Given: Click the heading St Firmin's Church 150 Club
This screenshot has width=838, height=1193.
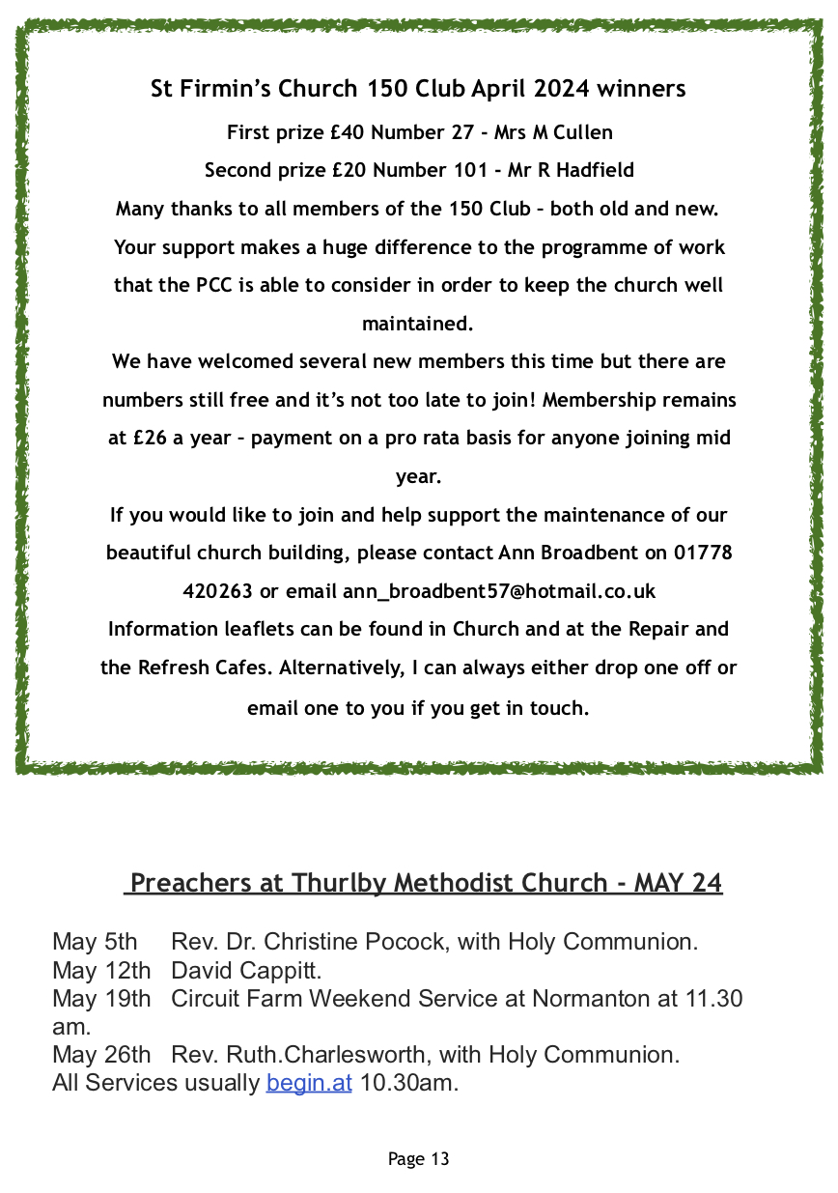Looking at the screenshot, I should point(418,89).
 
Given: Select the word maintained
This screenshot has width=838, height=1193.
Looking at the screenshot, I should point(418,324).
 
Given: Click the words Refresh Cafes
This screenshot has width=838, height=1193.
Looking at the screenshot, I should point(201,668).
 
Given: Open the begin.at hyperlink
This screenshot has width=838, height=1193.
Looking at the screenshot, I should point(309,1083).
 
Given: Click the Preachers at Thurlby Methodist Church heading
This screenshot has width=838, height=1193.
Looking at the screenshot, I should point(425,883).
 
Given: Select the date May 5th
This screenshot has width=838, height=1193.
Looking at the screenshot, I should point(95,942).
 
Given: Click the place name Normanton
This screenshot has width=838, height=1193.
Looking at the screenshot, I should point(596,998).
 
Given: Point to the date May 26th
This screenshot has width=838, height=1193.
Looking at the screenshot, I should point(101,1055).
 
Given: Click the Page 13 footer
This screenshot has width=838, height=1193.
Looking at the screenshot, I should point(418,1159).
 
